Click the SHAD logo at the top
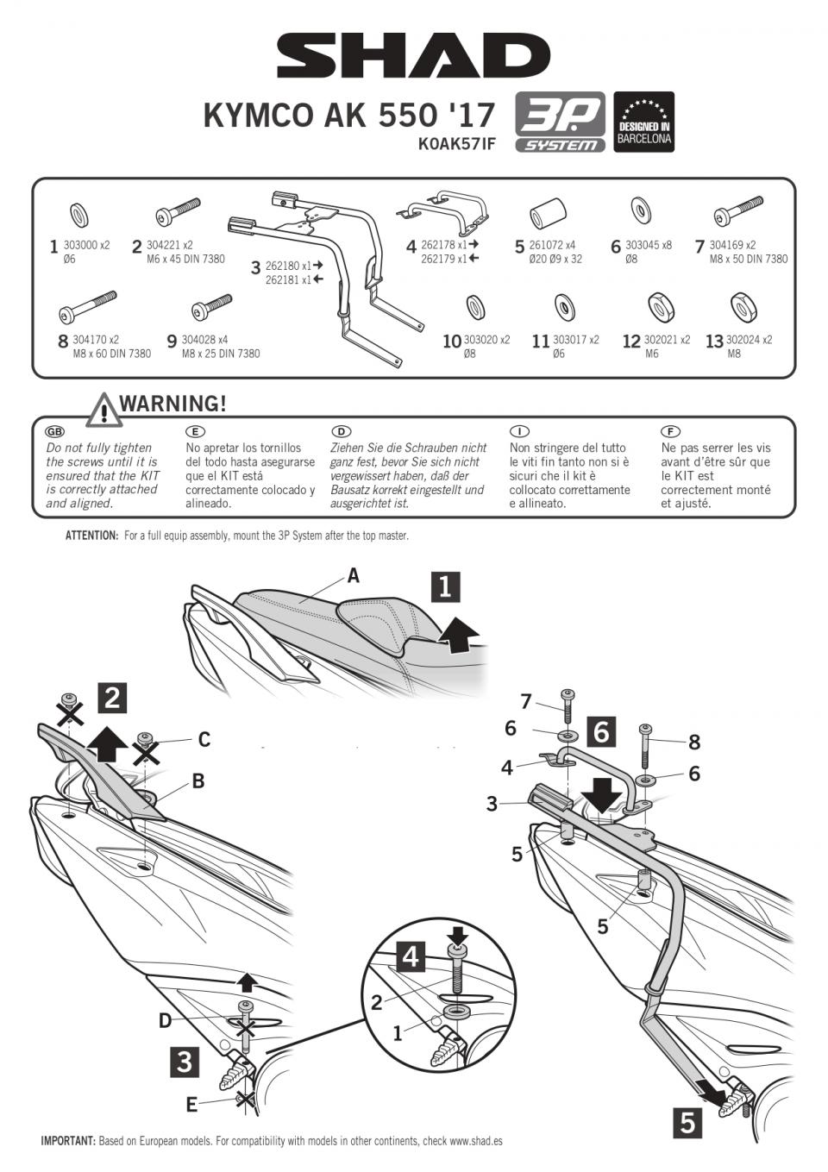(x=413, y=56)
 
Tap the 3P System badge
(x=561, y=122)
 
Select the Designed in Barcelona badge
(x=643, y=122)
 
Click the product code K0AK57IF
(x=456, y=144)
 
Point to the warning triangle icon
(x=103, y=410)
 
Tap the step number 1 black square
(x=445, y=586)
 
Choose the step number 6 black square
(x=601, y=731)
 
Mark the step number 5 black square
(x=687, y=1123)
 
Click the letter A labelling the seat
(x=353, y=576)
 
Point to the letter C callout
(x=204, y=739)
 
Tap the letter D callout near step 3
(x=165, y=1021)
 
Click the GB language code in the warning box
(x=54, y=431)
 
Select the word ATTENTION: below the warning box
(x=91, y=536)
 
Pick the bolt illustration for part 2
(x=176, y=212)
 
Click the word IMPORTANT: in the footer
(x=68, y=1141)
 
